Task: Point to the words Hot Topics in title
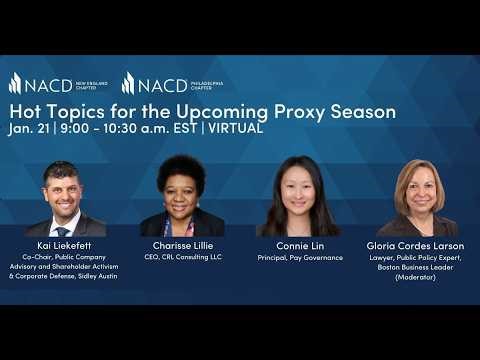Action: pyautogui.click(x=47, y=110)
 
